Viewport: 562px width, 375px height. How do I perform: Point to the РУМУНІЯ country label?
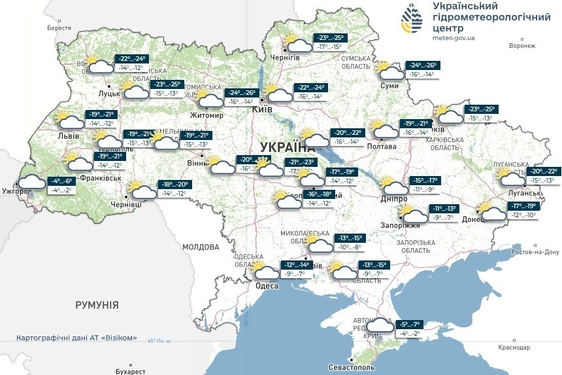click(97, 305)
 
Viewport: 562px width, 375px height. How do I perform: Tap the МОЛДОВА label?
click(201, 247)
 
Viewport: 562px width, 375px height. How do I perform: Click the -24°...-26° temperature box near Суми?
click(423, 65)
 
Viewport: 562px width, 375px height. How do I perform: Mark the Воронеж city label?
click(521, 46)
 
